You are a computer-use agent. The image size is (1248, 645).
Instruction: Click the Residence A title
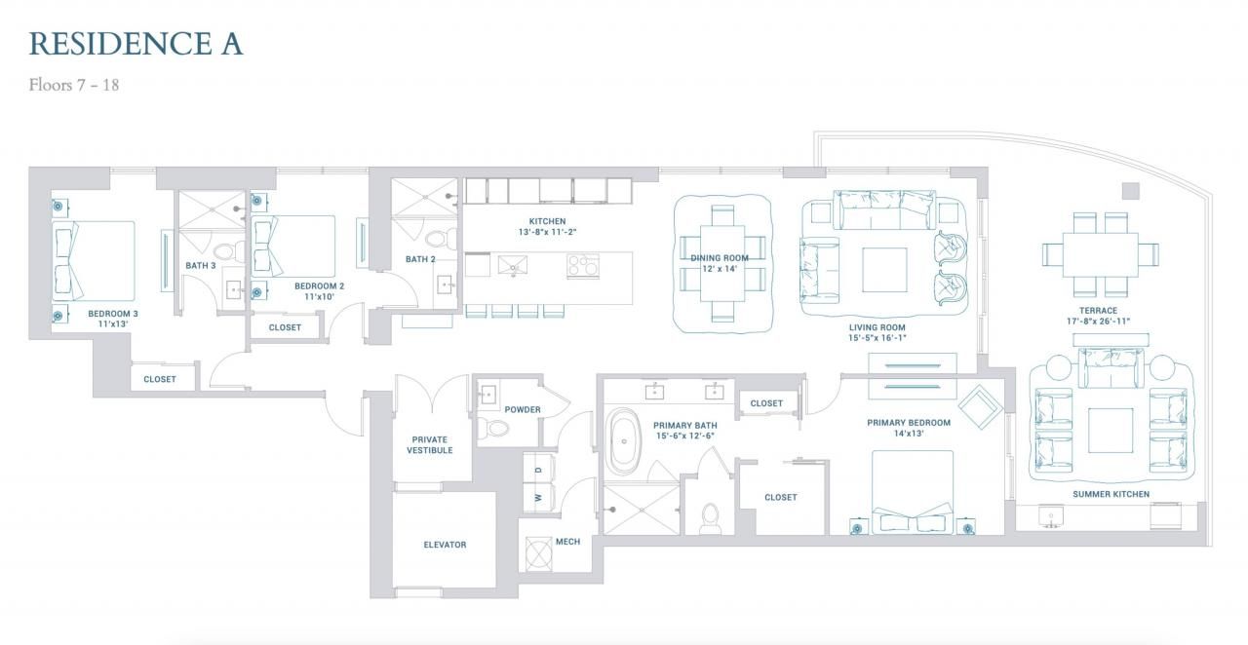point(136,44)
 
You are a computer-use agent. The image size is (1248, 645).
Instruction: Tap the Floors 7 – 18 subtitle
point(74,85)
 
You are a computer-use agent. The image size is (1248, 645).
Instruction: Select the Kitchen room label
point(547,221)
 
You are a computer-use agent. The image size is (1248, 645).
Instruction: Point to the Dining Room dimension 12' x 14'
point(720,269)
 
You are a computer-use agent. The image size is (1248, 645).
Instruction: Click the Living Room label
point(877,327)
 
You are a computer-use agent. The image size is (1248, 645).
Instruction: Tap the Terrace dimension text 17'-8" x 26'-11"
point(1098,322)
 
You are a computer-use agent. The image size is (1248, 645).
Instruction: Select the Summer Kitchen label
point(1111,494)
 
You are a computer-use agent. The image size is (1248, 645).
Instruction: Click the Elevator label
point(445,545)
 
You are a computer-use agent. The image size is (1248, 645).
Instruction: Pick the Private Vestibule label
point(430,445)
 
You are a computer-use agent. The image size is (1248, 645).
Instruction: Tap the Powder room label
point(522,409)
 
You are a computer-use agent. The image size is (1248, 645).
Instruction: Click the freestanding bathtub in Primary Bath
point(623,441)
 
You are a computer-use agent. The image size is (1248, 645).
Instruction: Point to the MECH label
point(567,542)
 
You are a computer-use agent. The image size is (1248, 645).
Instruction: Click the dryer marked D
point(538,469)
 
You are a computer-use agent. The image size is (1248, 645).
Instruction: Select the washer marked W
point(538,498)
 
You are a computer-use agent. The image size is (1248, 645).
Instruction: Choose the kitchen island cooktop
point(583,266)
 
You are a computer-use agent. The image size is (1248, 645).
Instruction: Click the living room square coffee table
point(884,270)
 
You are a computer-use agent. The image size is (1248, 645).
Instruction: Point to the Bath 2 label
point(420,259)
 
